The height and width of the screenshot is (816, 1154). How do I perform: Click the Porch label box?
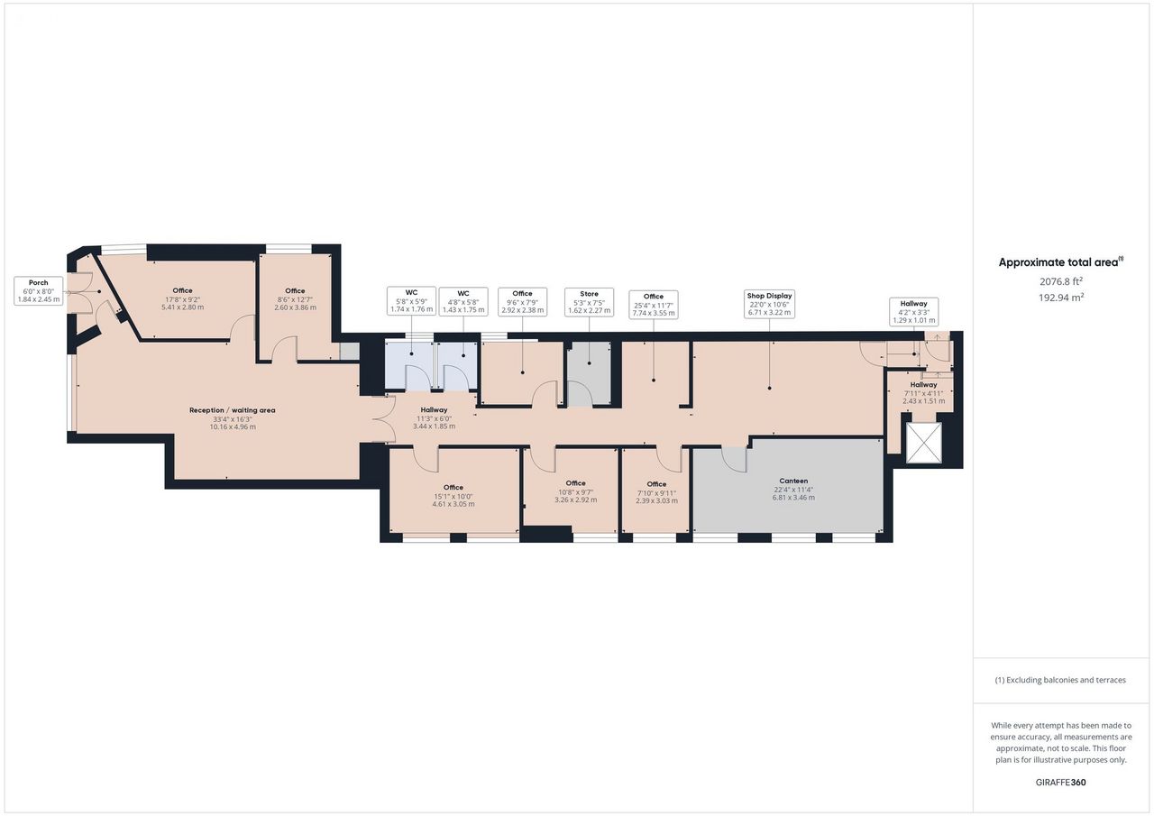click(39, 290)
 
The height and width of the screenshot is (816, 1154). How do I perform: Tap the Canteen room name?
click(793, 481)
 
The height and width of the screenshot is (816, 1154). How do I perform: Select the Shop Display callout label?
click(769, 304)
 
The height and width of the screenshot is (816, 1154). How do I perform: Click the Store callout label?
click(589, 302)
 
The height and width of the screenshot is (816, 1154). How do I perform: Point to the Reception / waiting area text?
click(233, 410)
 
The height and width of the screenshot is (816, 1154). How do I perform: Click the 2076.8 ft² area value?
click(1061, 281)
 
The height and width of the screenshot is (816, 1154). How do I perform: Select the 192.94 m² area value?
click(1061, 298)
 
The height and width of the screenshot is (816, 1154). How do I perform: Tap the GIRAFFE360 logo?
click(1061, 782)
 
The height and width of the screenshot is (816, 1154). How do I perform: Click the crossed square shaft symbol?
click(924, 442)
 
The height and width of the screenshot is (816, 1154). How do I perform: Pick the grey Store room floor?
click(589, 373)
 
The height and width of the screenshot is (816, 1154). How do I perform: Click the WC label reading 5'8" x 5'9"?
click(412, 301)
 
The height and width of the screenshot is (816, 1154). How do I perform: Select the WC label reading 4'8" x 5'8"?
click(463, 301)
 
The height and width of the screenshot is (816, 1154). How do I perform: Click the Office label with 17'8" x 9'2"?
click(182, 298)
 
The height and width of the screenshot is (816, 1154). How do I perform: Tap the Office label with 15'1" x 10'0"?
click(453, 496)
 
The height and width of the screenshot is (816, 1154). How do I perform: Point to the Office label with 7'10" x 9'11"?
click(656, 492)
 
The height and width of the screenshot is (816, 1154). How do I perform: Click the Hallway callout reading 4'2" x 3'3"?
click(914, 312)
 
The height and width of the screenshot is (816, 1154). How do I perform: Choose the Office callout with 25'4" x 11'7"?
click(654, 305)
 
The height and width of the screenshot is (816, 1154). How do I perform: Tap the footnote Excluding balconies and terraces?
click(1061, 680)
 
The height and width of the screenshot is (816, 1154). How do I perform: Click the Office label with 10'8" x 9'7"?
click(575, 491)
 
